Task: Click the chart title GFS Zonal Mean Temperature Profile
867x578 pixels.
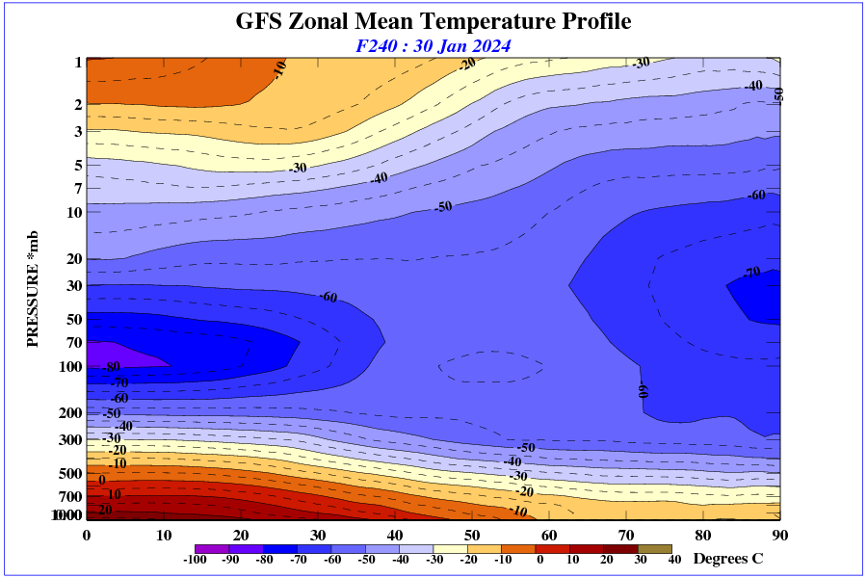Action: pyautogui.click(x=433, y=21)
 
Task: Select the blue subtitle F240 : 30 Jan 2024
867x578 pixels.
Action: pyautogui.click(x=433, y=45)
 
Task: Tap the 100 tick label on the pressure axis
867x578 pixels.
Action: pyautogui.click(x=71, y=367)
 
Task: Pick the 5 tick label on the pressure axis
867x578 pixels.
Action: pyautogui.click(x=78, y=166)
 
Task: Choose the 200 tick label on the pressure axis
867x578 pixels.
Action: pyautogui.click(x=71, y=413)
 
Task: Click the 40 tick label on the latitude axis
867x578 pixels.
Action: pyautogui.click(x=395, y=536)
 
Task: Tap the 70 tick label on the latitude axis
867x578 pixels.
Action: pyautogui.click(x=626, y=536)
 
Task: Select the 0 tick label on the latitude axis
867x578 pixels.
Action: pyautogui.click(x=87, y=536)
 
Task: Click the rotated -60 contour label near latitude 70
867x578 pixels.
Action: pyautogui.click(x=644, y=390)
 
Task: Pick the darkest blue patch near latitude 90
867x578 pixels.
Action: pyautogui.click(x=761, y=299)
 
